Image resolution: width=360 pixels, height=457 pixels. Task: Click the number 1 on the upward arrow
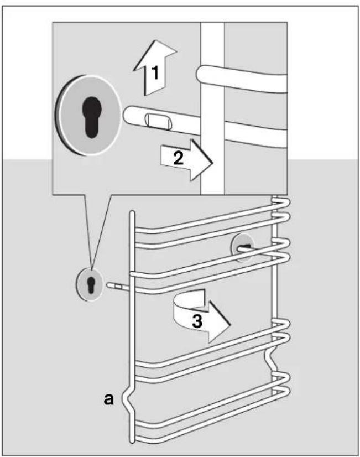(x=156, y=73)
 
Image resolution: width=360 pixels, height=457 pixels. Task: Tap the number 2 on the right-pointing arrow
(x=178, y=158)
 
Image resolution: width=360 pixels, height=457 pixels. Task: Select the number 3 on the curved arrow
(x=197, y=321)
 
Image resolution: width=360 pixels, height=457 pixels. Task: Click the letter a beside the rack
(x=108, y=399)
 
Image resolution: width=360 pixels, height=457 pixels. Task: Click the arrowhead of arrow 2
(x=201, y=160)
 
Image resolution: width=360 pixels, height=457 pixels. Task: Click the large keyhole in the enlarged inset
(x=92, y=117)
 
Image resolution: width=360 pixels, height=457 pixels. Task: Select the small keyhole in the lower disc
(x=91, y=285)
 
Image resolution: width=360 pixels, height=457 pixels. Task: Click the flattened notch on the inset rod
(x=158, y=121)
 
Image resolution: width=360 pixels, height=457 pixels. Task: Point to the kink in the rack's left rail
(x=128, y=399)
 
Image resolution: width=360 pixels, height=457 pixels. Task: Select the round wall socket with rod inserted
(x=242, y=248)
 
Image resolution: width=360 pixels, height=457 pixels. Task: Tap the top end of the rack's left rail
(x=132, y=212)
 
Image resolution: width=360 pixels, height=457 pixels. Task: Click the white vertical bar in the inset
(x=212, y=108)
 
